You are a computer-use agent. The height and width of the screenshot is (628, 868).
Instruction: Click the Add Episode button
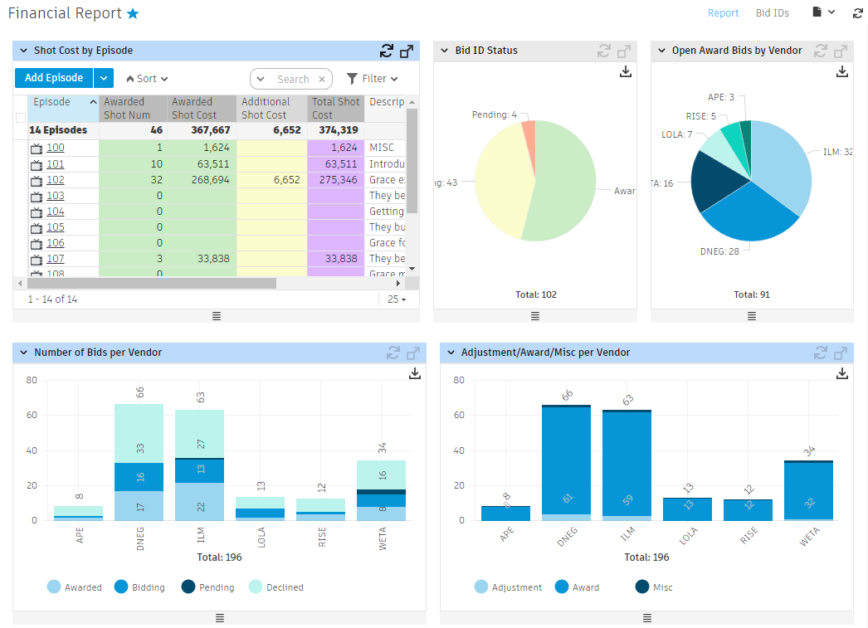coord(54,78)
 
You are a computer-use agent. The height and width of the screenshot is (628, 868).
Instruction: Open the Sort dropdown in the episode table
coord(147,79)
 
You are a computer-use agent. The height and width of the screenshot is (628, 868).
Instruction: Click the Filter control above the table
coord(372,79)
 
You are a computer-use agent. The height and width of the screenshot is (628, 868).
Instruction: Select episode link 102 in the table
coord(55,180)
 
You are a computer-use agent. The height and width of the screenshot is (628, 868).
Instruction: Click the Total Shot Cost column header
coord(335,108)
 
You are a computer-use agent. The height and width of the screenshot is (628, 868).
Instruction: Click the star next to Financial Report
coord(133,14)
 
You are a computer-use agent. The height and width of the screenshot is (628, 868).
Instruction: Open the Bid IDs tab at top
coord(772,13)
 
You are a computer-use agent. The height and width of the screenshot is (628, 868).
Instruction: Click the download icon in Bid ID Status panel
coord(626,72)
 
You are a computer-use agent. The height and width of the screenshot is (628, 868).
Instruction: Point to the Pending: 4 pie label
coord(495,114)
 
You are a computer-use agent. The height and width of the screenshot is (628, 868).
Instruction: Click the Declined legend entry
coord(276,587)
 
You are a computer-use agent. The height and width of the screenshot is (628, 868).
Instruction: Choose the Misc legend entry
coord(654,587)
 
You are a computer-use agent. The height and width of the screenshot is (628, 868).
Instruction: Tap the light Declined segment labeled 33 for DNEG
coord(139,434)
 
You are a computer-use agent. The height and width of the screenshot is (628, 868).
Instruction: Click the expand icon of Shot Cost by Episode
coord(407,51)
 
